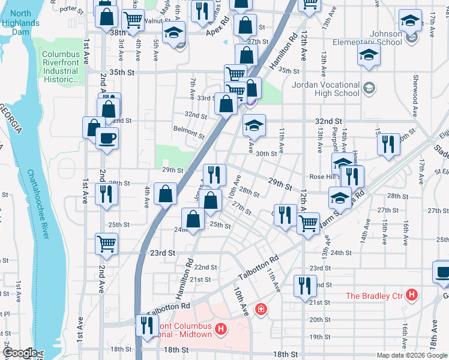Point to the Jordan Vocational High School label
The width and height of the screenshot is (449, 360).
pos(325,89)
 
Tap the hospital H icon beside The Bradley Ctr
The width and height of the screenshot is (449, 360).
pos(412,295)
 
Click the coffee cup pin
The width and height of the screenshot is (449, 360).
pos(107,139)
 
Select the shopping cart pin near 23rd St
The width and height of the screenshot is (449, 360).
pos(107,244)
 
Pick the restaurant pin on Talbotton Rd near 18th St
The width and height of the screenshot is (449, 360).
pos(146,325)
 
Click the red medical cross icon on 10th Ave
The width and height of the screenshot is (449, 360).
pos(261,310)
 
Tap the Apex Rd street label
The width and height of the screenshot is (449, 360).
pos(218,28)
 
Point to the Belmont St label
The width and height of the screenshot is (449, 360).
pos(188,129)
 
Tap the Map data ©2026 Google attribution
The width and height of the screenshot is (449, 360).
pos(412,355)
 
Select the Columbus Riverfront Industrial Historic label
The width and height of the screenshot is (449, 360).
pos(60,67)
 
